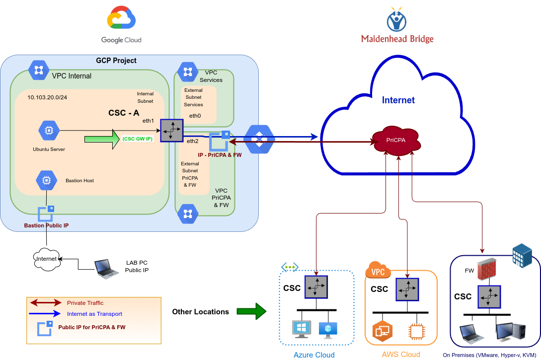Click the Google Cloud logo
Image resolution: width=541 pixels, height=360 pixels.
click(x=121, y=20)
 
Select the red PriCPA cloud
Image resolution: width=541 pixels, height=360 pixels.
click(x=396, y=140)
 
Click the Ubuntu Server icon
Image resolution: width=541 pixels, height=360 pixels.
click(x=49, y=131)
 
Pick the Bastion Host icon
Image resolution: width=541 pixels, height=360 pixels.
click(x=46, y=180)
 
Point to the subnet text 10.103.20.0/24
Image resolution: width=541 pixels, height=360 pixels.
click(x=47, y=97)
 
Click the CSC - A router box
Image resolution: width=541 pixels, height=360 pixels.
click(x=171, y=130)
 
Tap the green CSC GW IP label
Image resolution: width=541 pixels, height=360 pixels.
click(x=137, y=139)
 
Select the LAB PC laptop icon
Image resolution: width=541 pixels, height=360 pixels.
click(x=106, y=268)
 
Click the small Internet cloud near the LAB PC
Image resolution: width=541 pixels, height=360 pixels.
click(x=46, y=259)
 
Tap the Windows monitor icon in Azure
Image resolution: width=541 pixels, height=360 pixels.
click(x=302, y=328)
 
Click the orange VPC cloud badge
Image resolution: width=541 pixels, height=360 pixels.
click(x=378, y=272)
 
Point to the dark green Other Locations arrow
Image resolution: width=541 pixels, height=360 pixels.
click(x=251, y=312)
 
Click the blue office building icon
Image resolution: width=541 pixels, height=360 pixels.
click(x=522, y=255)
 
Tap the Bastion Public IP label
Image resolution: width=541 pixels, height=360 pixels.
click(x=46, y=225)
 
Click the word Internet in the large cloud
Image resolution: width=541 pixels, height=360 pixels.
click(x=398, y=100)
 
